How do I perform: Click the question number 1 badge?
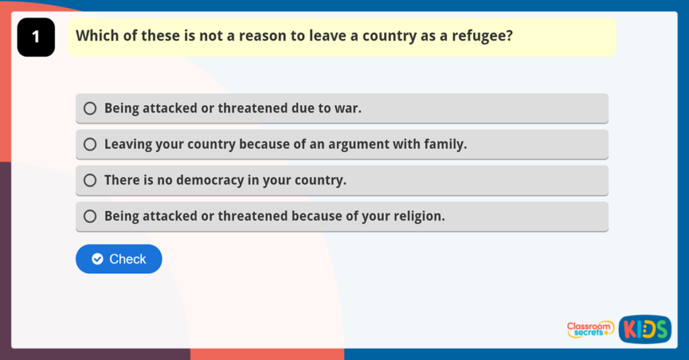point(36,37)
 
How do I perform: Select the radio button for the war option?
point(90,108)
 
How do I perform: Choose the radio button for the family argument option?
point(90,144)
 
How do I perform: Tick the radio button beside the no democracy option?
point(90,180)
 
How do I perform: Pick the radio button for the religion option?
point(90,217)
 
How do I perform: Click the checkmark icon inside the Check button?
point(98,259)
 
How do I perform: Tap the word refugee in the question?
point(480,36)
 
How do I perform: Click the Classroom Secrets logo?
point(590,329)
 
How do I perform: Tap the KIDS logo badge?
point(645,329)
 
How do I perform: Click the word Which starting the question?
point(96,36)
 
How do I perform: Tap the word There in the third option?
point(121,180)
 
